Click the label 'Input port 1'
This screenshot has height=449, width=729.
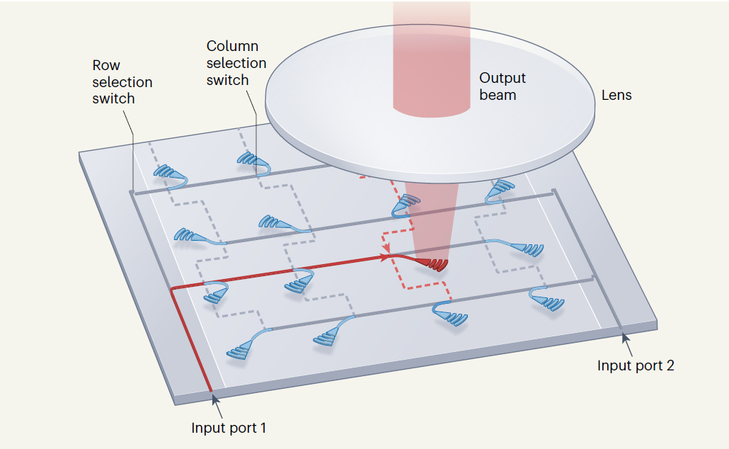(229, 428)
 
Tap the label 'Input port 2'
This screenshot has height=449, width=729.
(636, 365)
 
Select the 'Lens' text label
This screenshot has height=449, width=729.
(616, 95)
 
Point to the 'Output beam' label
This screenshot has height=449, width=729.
(503, 86)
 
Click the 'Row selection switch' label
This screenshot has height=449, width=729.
(122, 82)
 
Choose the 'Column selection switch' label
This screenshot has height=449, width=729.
(236, 63)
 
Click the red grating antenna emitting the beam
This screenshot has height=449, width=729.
(432, 264)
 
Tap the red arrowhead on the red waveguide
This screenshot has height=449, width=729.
(387, 256)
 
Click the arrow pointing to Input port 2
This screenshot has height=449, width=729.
(626, 339)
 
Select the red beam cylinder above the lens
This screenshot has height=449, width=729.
(432, 57)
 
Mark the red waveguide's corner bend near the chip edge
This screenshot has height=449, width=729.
(173, 290)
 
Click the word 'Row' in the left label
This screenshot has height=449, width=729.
(106, 66)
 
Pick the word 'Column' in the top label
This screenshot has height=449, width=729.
(232, 47)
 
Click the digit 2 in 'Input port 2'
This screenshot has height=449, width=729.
(670, 365)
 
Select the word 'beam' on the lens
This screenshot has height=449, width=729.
(498, 94)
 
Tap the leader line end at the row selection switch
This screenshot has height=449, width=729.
(132, 191)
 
